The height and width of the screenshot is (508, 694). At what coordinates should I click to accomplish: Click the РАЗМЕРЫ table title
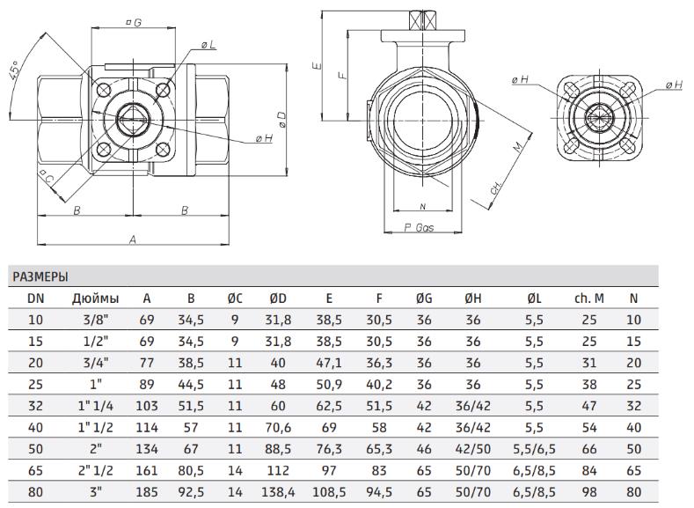click(40, 276)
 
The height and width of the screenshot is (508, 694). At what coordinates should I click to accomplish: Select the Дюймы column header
click(96, 298)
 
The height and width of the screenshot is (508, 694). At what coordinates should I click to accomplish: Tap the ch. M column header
click(589, 298)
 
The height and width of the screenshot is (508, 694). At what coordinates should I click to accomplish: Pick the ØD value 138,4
click(278, 491)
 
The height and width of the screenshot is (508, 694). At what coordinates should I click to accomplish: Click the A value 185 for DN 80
click(147, 491)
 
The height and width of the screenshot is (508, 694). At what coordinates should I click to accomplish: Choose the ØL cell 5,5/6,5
click(534, 449)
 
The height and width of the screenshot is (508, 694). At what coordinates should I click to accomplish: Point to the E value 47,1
click(329, 363)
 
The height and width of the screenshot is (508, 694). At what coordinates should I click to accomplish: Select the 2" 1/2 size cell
click(96, 470)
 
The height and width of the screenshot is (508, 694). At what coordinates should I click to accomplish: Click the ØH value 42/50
click(472, 449)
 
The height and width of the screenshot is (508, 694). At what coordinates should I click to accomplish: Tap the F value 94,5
click(379, 491)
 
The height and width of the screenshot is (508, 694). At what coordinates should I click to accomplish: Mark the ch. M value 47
click(589, 406)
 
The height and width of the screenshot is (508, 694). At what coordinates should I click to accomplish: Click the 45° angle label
click(14, 70)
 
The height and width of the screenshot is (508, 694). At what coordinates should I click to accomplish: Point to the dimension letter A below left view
click(132, 239)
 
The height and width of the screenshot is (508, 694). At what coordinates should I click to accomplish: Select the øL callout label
click(208, 45)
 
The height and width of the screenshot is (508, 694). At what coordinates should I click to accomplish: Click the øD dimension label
click(281, 118)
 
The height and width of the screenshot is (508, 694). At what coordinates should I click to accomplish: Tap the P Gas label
click(419, 228)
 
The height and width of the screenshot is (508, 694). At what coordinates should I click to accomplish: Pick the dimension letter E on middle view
click(317, 66)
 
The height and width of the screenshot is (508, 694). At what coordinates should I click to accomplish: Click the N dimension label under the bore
click(422, 206)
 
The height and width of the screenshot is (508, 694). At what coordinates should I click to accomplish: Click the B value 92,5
click(191, 491)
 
